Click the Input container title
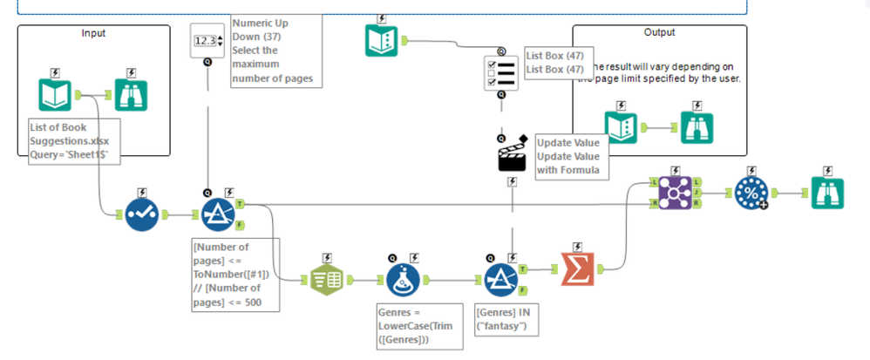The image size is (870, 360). point(93,33)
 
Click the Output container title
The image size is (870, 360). point(659,32)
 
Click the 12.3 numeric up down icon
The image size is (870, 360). point(207,40)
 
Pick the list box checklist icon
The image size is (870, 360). point(501,73)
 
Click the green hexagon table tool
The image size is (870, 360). point(326,280)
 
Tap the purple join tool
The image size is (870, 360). point(676,191)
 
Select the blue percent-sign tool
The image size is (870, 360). point(751,192)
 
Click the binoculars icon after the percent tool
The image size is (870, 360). point(827,192)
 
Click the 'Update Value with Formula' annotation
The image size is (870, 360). point(568,156)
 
